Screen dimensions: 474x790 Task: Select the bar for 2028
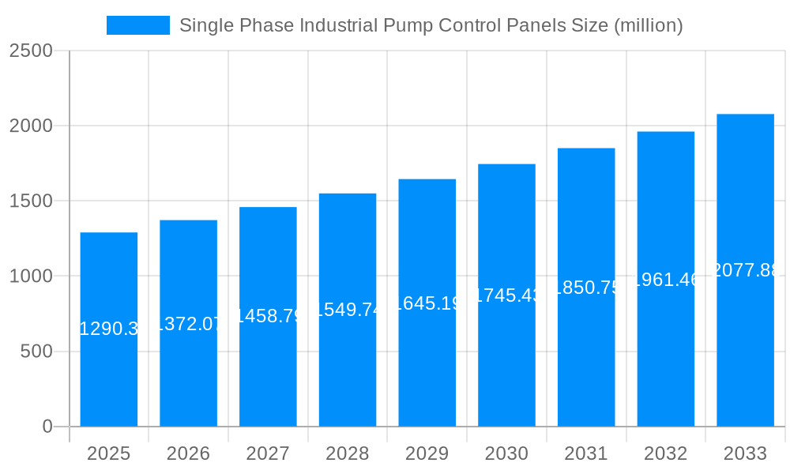(x=348, y=363)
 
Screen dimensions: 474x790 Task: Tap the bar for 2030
(x=506, y=355)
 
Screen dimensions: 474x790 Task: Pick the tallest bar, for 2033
(x=745, y=348)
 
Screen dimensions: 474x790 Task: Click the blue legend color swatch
(x=138, y=25)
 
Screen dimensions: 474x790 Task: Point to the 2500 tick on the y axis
(x=31, y=51)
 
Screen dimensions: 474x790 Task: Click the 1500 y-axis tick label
(x=31, y=201)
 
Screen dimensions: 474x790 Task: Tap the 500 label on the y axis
(x=36, y=352)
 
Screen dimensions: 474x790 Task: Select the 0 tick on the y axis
(x=47, y=427)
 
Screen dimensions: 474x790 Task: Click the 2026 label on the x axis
(x=188, y=453)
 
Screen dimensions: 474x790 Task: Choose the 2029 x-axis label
(x=427, y=453)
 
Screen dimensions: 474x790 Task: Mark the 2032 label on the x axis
(x=665, y=453)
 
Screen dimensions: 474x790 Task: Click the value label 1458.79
(x=268, y=316)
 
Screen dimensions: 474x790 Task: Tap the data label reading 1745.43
(x=506, y=295)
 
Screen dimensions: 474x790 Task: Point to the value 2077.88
(x=745, y=270)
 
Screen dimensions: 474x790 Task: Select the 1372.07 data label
(x=188, y=323)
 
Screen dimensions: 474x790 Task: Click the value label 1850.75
(x=586, y=288)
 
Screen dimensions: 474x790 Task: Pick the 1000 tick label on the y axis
(x=31, y=276)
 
